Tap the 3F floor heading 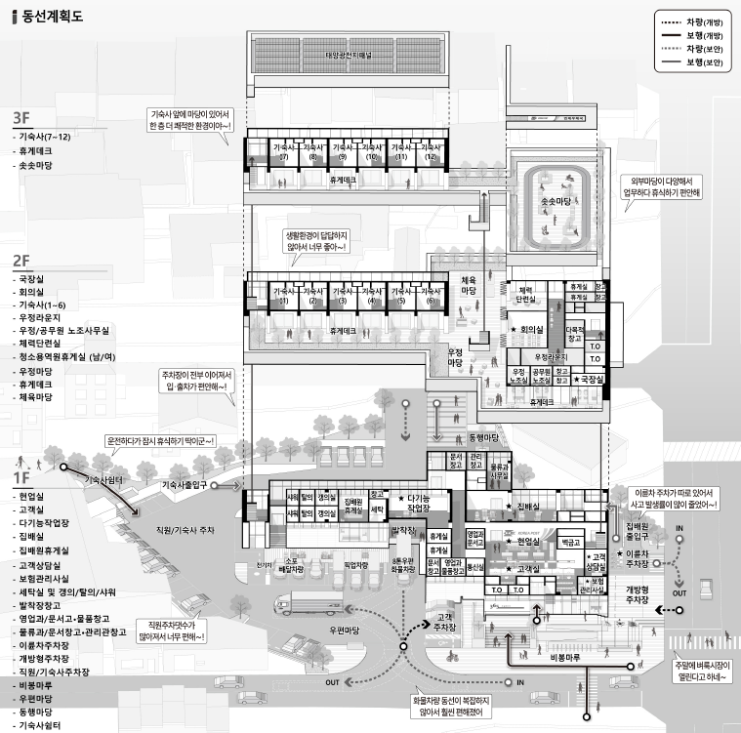[22, 118]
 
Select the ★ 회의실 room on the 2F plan [531, 331]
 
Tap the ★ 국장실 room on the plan [590, 378]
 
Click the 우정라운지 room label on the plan [549, 357]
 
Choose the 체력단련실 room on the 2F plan [524, 296]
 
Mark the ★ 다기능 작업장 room [419, 504]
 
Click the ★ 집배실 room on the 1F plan [527, 507]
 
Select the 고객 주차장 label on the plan [446, 622]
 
